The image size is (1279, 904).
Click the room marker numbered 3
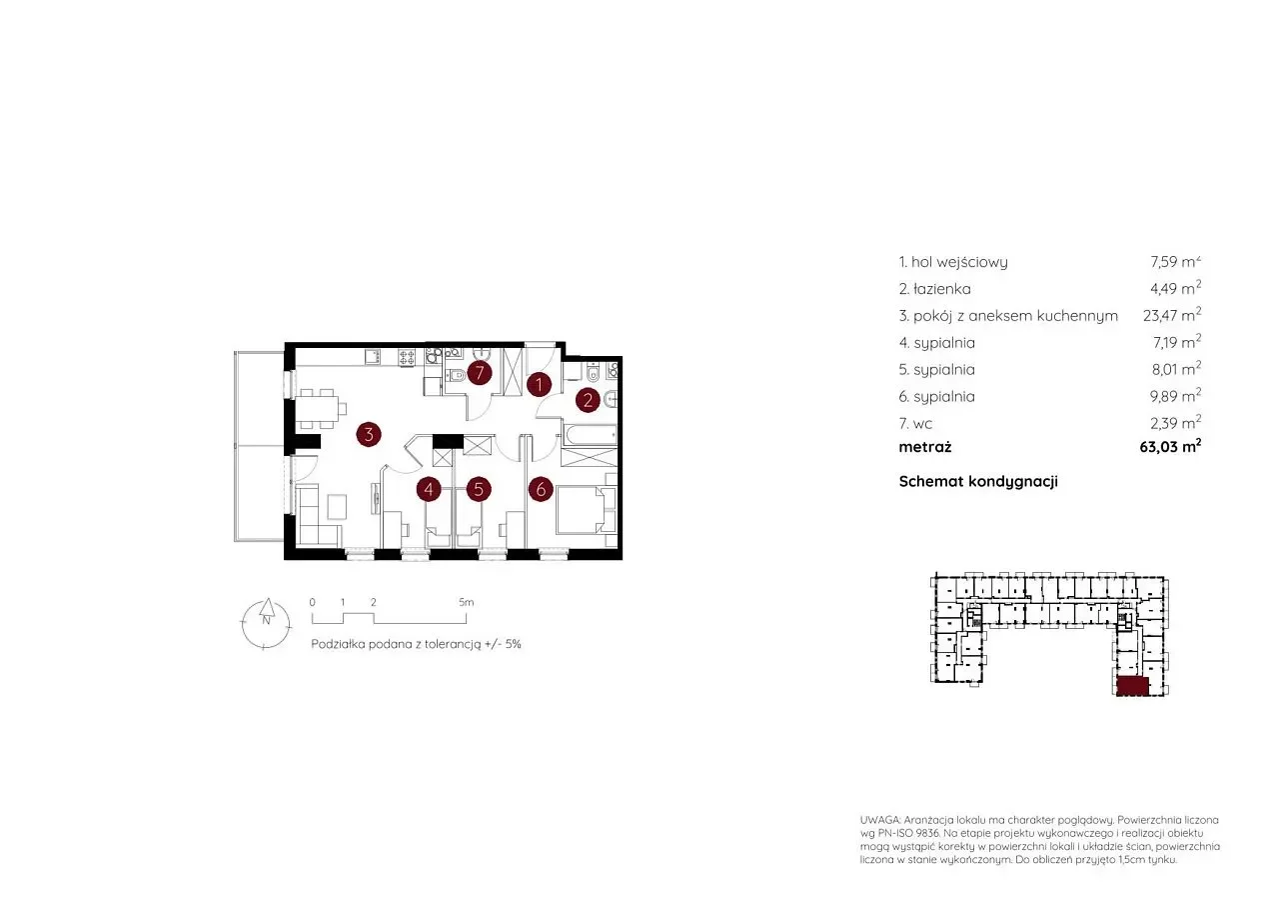click(x=369, y=435)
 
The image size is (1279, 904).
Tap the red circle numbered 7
click(x=480, y=373)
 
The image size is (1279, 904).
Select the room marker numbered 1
click(x=539, y=385)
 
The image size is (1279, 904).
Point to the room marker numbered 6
click(x=541, y=490)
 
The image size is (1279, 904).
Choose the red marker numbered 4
click(x=429, y=490)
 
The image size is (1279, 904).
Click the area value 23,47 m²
click(x=1172, y=315)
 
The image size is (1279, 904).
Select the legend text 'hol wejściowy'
click(x=959, y=262)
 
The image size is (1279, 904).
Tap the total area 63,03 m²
click(x=1170, y=446)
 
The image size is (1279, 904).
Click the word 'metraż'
click(x=925, y=447)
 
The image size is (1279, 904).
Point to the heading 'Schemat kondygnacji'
click(x=978, y=482)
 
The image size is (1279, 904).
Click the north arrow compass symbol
click(x=266, y=625)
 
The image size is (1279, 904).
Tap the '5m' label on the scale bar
click(x=466, y=602)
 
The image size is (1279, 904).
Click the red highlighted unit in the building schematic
click(x=1132, y=686)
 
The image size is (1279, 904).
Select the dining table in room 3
click(x=316, y=409)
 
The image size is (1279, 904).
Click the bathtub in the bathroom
click(x=590, y=434)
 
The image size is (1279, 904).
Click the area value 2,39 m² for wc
click(x=1176, y=423)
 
